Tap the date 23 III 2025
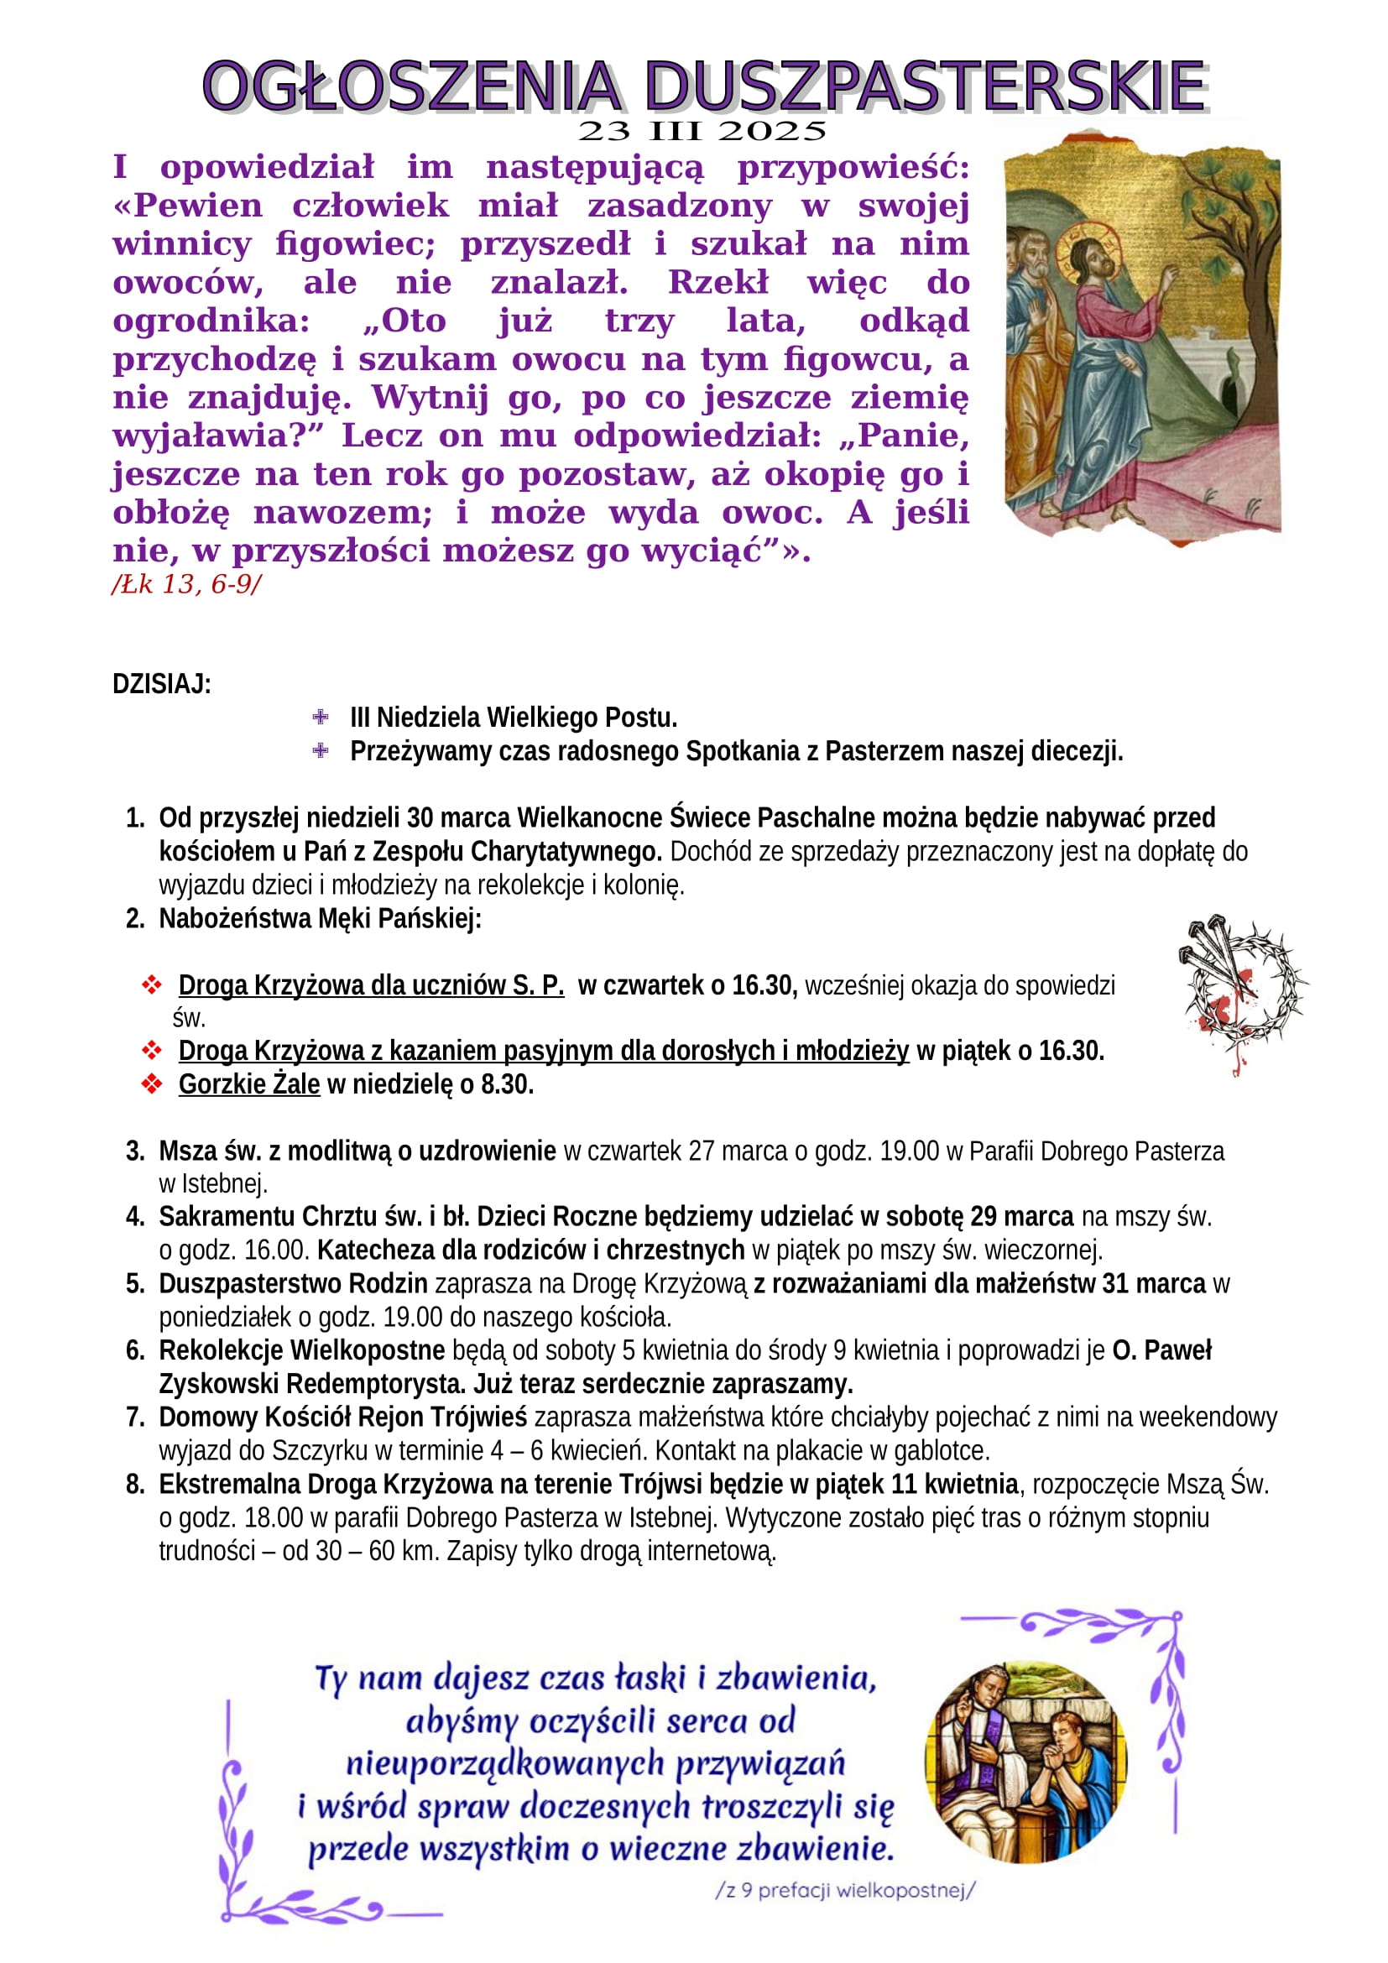tap(702, 132)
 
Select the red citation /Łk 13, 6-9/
tap(186, 585)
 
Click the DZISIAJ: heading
tap(161, 684)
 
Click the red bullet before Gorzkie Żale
tap(152, 1084)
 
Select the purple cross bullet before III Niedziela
tap(321, 717)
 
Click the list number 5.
tap(135, 1283)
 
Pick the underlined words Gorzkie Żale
tap(248, 1084)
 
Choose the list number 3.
tap(135, 1151)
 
